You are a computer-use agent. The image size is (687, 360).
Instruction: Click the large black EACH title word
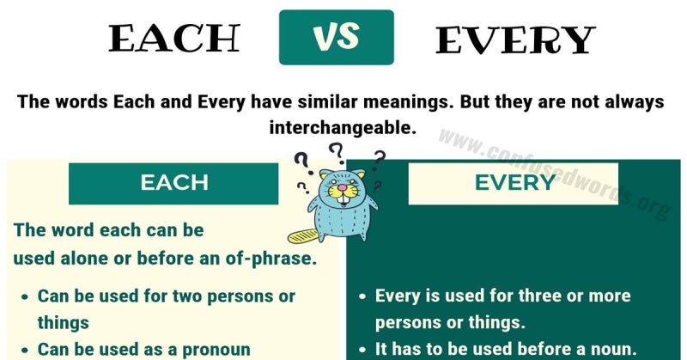point(174,38)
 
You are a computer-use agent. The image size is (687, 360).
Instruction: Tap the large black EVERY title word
point(515,40)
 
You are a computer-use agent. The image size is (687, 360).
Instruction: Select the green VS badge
point(337,37)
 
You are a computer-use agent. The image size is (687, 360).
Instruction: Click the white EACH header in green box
point(174,182)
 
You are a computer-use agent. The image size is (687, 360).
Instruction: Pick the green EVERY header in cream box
point(515,182)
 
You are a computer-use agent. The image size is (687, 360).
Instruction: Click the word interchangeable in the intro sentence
point(342,128)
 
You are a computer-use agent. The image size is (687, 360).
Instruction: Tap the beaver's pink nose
point(342,187)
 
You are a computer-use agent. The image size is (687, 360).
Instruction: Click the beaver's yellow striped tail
point(303,236)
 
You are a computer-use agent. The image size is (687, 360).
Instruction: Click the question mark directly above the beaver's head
point(337,153)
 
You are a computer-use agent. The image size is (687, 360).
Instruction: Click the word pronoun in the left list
point(216,350)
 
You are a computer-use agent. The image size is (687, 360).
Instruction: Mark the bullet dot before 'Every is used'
point(362,297)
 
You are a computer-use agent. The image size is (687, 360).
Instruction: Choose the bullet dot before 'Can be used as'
point(25,351)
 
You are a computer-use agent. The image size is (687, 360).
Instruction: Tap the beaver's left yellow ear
point(325,175)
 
